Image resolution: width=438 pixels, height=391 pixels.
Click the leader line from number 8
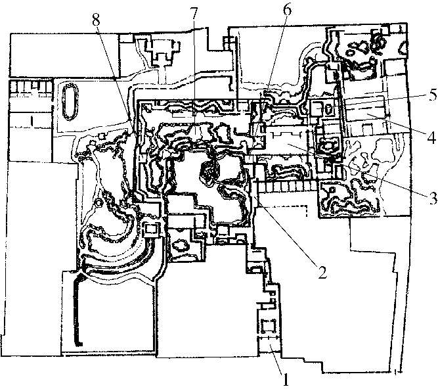coord(115,72)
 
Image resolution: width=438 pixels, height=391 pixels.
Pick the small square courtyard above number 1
coord(269,325)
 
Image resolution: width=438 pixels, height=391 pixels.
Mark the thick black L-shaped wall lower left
coord(77,309)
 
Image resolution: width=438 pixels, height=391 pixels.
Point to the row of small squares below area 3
coord(289,188)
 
